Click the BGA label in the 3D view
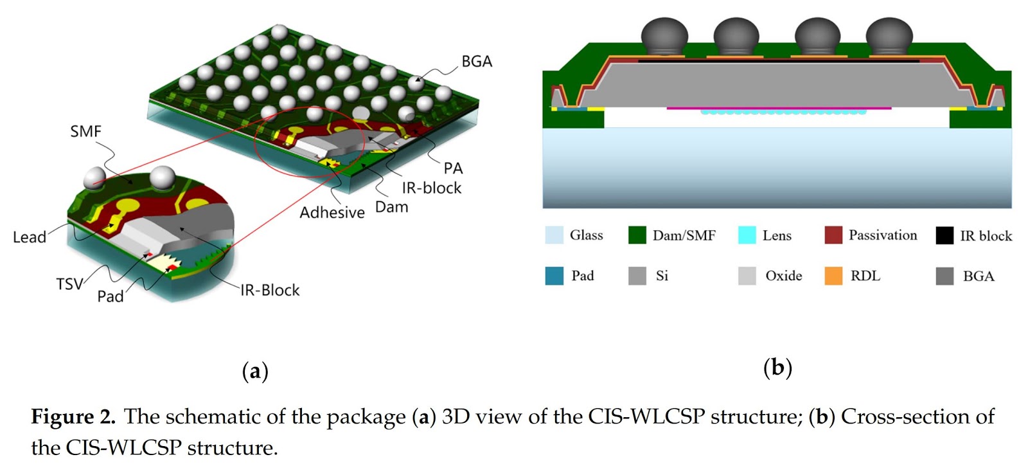(x=477, y=62)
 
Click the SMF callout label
(x=85, y=132)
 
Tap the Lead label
(x=30, y=237)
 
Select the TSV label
(x=69, y=284)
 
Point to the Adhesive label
(x=332, y=213)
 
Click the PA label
(x=453, y=168)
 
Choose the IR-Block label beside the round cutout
(x=270, y=291)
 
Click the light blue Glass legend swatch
(x=554, y=235)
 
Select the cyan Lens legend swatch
(x=747, y=235)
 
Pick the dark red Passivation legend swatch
(x=833, y=235)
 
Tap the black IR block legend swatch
(x=944, y=236)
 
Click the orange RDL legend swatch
(x=833, y=276)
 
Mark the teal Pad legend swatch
(x=554, y=276)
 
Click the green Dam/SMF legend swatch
(x=637, y=235)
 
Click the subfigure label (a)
(x=255, y=372)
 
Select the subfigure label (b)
(x=777, y=368)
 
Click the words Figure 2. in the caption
(x=73, y=417)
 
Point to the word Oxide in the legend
(x=783, y=276)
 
